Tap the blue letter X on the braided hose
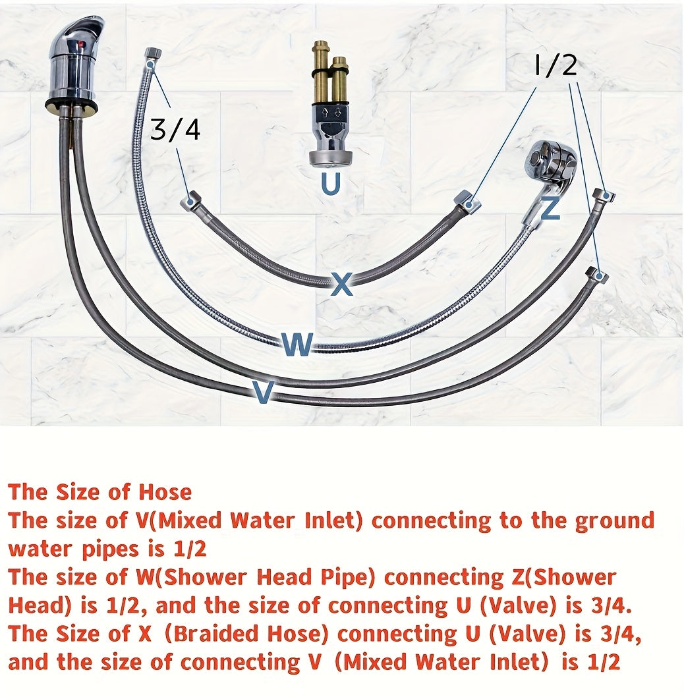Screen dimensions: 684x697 [x=343, y=284]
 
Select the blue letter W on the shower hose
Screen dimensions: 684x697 [x=298, y=344]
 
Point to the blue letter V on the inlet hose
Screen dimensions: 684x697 [x=263, y=391]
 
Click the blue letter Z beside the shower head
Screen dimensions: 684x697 [x=550, y=208]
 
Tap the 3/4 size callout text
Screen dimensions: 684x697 [x=175, y=129]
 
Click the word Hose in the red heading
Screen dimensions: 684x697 [x=165, y=492]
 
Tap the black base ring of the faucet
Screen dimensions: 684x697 [x=71, y=107]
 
